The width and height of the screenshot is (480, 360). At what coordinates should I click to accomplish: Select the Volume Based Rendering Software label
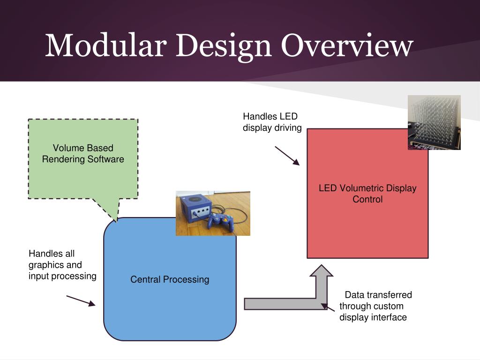pyautogui.click(x=83, y=154)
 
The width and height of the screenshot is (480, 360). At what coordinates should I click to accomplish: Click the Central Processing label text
pyautogui.click(x=170, y=280)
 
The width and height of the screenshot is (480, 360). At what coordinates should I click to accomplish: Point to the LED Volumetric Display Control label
pyautogui.click(x=367, y=194)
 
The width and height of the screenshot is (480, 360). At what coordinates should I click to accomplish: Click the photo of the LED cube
pyautogui.click(x=434, y=122)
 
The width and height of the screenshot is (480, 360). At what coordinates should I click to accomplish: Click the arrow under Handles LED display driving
pyautogui.click(x=287, y=156)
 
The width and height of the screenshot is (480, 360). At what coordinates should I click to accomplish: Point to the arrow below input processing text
pyautogui.click(x=81, y=300)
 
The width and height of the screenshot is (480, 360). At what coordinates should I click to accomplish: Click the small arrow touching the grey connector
pyautogui.click(x=328, y=307)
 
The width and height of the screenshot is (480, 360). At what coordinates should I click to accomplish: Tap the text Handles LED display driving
pyautogui.click(x=272, y=122)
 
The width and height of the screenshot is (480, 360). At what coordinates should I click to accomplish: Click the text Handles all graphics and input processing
pyautogui.click(x=62, y=265)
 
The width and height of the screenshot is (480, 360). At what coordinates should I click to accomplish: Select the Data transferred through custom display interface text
pyautogui.click(x=375, y=306)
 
